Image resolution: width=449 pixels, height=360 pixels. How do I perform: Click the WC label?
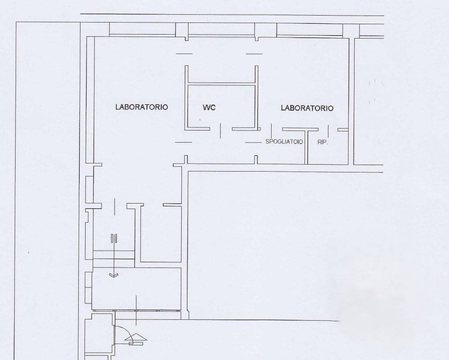coord(209,107)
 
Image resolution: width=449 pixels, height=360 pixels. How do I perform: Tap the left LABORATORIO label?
coord(141,107)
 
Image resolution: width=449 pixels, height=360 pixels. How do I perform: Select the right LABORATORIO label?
coord(307,108)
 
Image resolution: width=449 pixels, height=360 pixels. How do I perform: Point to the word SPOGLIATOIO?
coord(284,142)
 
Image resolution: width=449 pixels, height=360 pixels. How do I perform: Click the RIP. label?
coord(322,142)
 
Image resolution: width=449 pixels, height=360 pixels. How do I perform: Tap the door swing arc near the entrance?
coord(125,332)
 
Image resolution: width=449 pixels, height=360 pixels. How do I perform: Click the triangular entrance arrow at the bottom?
coord(136,337)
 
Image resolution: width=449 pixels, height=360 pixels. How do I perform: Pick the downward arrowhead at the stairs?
coord(114,275)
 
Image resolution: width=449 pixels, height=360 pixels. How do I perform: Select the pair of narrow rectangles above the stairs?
coord(114,239)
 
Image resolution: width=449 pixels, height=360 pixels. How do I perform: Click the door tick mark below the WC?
coord(221,130)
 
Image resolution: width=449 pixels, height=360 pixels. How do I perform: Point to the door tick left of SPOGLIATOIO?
coord(272,131)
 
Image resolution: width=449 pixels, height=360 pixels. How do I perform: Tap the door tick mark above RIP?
coord(328,131)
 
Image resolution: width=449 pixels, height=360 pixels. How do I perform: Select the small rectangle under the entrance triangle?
coord(136,343)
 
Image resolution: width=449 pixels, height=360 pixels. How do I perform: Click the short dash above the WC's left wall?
coord(184,54)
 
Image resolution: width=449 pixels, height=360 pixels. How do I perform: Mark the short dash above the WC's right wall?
coord(254,54)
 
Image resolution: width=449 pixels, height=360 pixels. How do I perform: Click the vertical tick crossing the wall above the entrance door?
coord(136,310)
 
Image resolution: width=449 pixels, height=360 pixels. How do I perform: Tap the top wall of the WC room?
coord(221,84)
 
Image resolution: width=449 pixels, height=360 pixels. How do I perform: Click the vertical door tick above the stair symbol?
coord(115,206)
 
